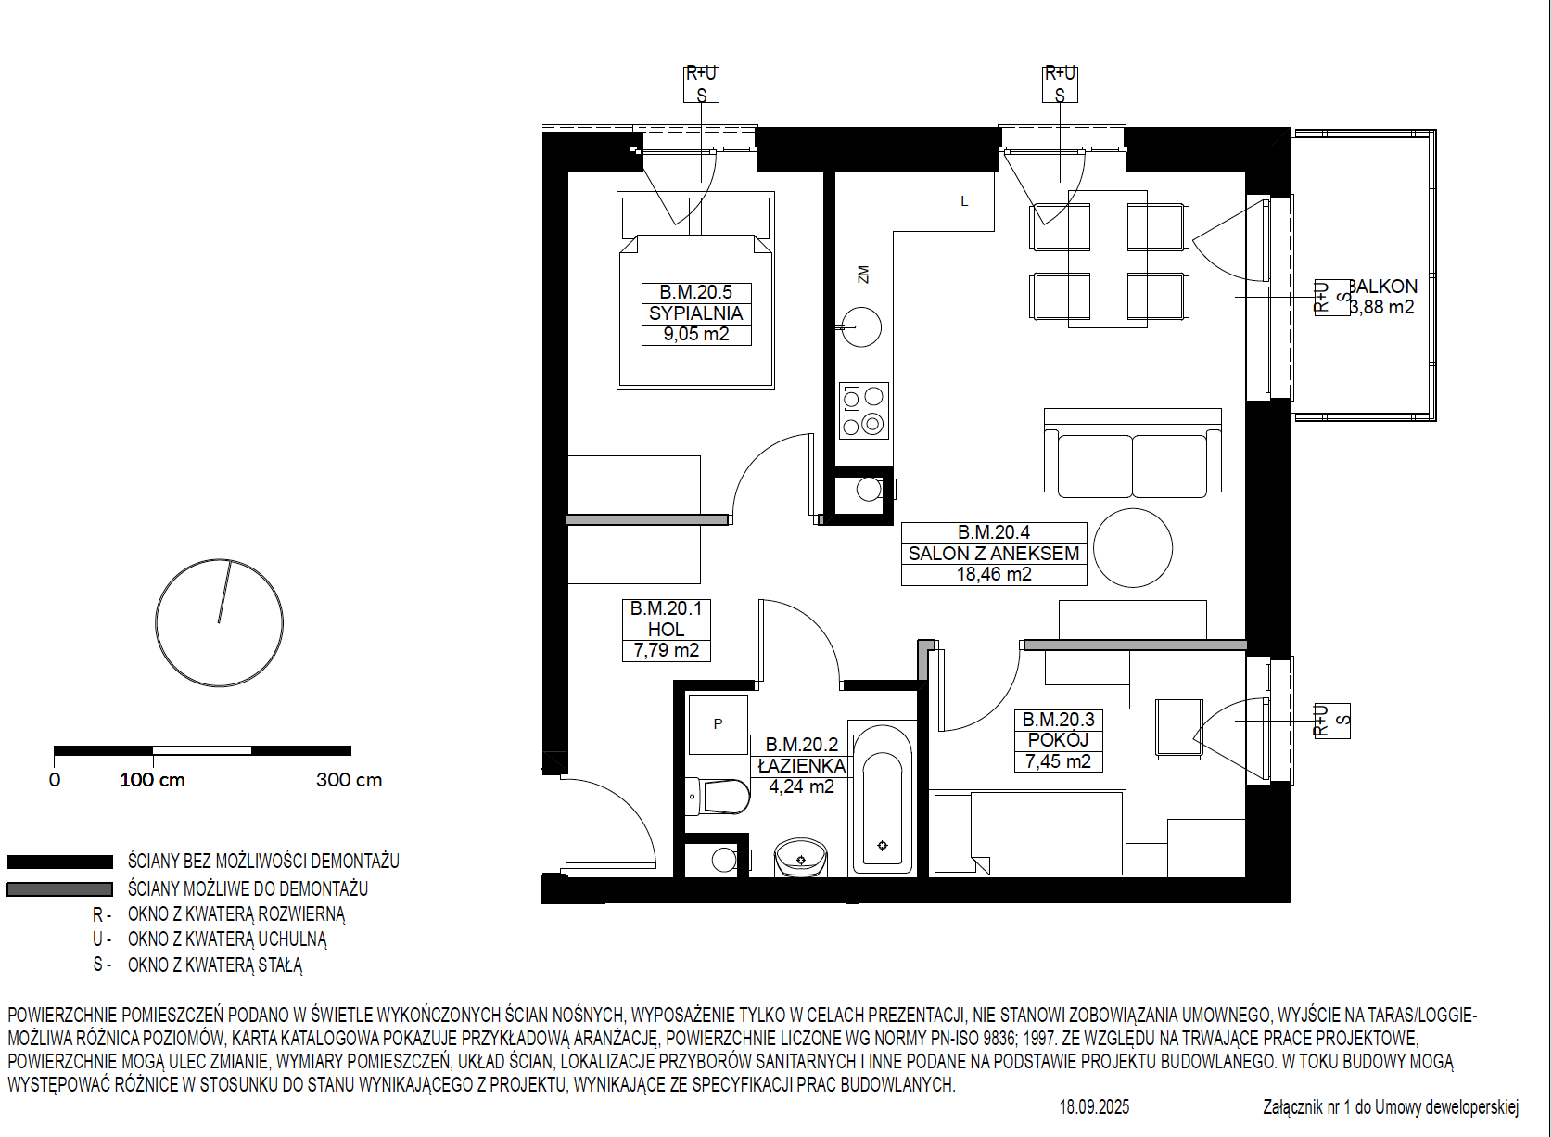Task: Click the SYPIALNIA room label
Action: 695,313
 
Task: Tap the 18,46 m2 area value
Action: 994,574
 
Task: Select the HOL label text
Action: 666,630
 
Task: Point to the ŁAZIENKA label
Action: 802,766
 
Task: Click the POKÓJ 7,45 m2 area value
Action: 1058,761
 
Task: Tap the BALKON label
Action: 1383,287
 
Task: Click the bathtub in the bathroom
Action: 882,798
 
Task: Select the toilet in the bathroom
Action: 718,797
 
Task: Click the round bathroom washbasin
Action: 801,858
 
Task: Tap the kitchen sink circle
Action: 861,327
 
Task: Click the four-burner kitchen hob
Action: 864,410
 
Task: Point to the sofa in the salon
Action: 1133,454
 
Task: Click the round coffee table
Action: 1133,548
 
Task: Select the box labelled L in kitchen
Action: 964,201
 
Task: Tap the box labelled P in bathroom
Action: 718,724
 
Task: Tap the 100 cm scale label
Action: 152,780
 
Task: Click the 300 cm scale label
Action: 350,780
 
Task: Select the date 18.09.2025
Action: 1094,1107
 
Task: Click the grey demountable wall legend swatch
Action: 59,889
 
